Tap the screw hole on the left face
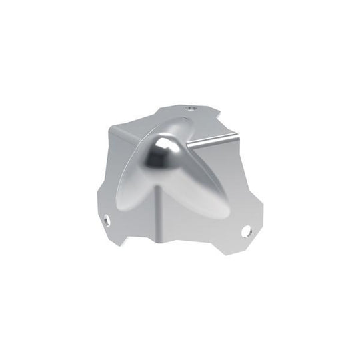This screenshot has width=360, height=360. click(106, 217)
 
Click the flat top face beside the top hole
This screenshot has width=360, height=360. click(207, 120)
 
